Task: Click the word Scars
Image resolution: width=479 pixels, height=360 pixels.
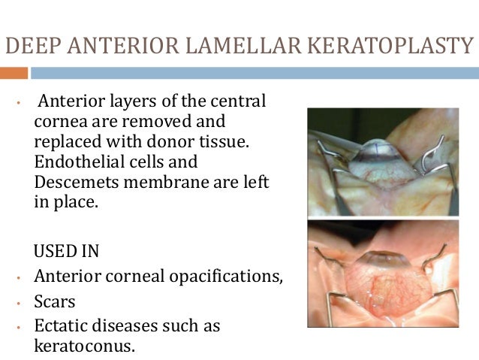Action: pyautogui.click(x=55, y=301)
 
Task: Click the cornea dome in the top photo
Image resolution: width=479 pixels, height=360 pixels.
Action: pyautogui.click(x=382, y=155)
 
